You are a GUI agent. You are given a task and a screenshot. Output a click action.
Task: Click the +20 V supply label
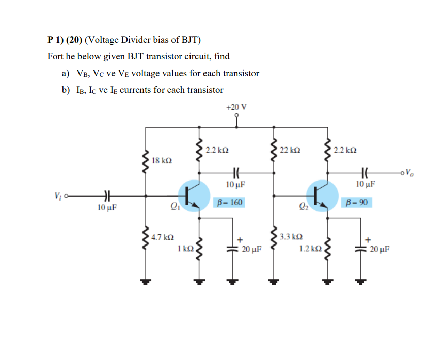point(236,107)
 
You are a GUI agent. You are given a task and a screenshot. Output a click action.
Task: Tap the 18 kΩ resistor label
point(162,161)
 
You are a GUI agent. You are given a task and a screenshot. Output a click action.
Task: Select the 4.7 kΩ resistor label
point(163,237)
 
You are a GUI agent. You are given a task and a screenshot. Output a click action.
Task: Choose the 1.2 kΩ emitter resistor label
point(311,249)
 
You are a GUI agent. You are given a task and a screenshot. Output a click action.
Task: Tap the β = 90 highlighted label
point(357,202)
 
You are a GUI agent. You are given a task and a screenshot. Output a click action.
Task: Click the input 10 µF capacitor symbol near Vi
point(106,196)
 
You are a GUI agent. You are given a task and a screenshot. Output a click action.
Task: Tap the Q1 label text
point(173,207)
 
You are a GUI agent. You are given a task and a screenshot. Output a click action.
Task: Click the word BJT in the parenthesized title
point(188,40)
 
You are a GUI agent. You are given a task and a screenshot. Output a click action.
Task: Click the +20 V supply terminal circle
point(236,116)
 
